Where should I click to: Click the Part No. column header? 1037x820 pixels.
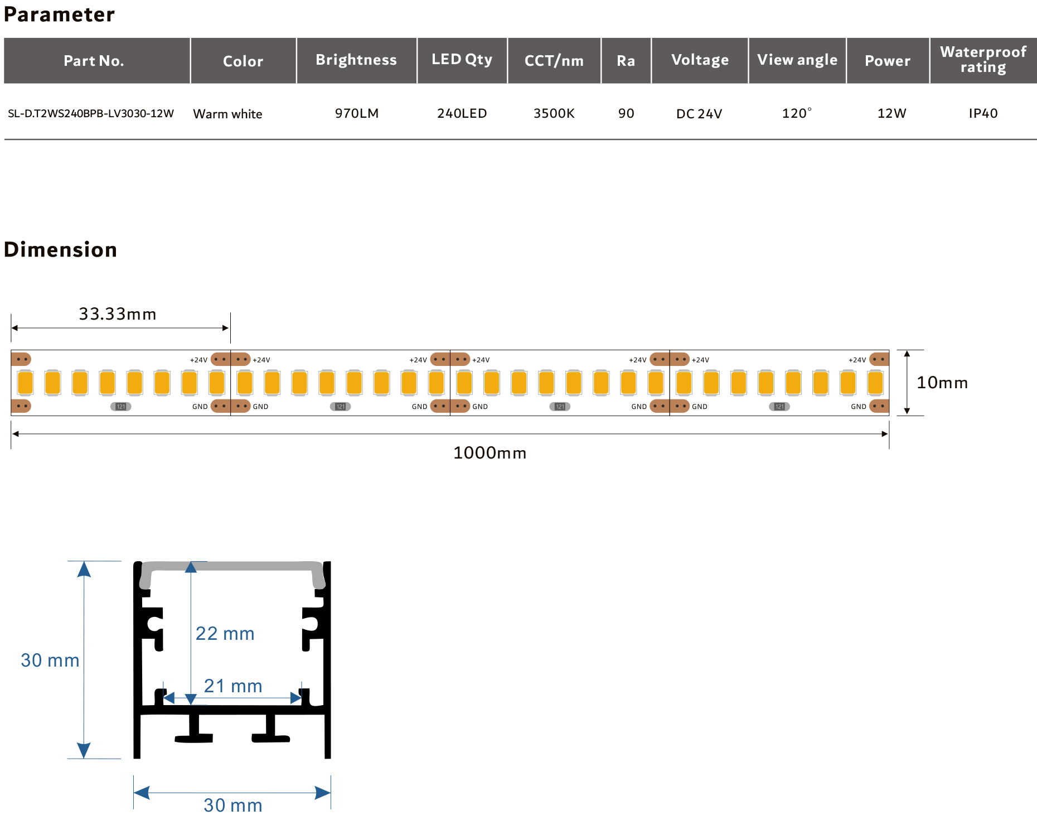click(94, 61)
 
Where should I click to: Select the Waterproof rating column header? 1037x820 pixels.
click(983, 60)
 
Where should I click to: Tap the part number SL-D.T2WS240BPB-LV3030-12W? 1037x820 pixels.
click(91, 114)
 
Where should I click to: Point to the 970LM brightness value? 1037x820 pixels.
click(357, 114)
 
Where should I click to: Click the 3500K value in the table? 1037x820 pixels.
click(554, 114)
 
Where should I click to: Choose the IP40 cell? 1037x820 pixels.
click(983, 114)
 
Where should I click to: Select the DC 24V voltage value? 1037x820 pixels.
click(699, 114)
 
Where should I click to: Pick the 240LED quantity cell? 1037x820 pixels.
click(462, 114)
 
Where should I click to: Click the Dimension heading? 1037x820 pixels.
click(60, 249)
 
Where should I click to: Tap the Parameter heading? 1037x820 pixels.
click(59, 15)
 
